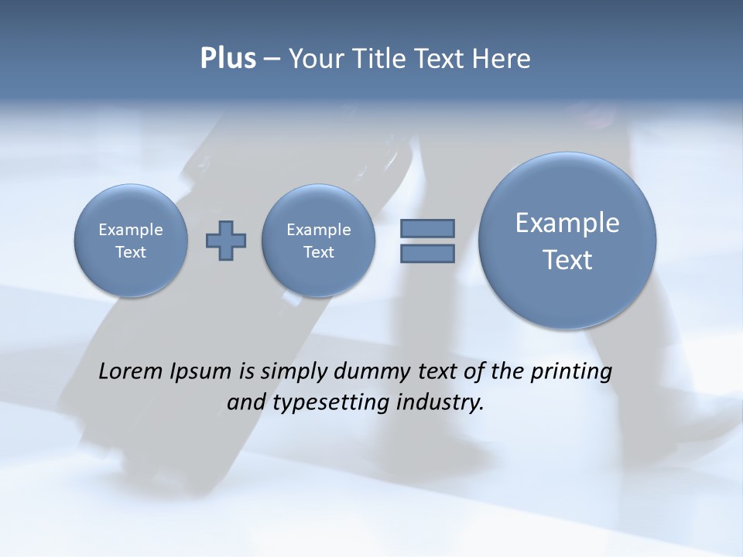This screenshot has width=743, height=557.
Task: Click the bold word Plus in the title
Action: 228,59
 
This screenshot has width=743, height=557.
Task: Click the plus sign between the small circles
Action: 226,241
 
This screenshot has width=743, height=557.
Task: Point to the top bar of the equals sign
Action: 427,228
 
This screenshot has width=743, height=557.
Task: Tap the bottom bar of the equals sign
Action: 427,254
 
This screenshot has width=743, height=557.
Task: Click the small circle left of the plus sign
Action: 131,241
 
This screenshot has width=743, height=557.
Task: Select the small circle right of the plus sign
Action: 318,241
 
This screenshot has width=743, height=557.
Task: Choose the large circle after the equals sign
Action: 567,241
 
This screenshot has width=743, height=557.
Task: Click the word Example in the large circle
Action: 567,223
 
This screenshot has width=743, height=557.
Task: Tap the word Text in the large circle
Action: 567,260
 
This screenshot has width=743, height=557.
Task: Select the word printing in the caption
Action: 571,372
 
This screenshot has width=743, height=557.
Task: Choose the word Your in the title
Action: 316,59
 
